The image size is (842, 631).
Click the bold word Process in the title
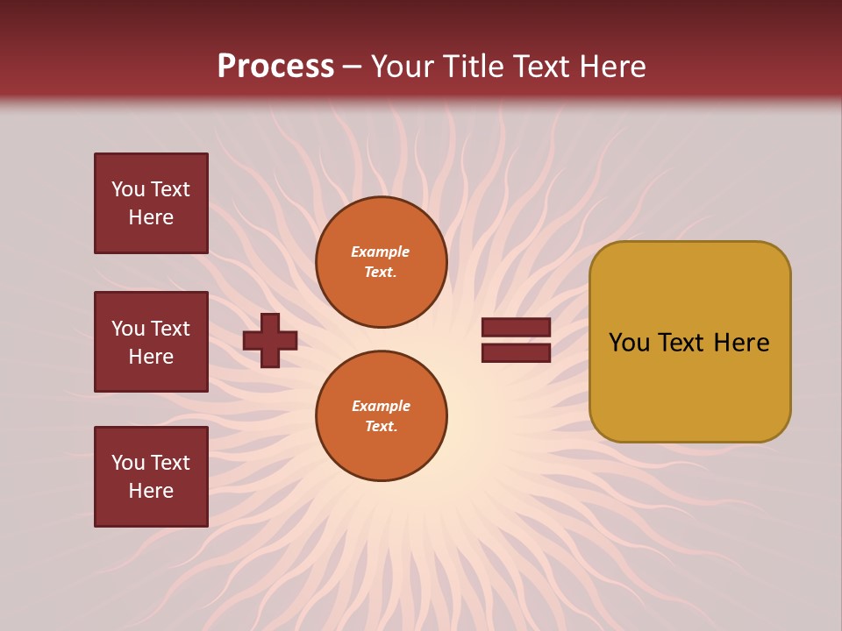(275, 67)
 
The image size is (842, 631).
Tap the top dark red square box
(151, 203)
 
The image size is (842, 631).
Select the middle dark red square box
(151, 342)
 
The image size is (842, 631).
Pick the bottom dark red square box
(151, 477)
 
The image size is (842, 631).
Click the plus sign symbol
(270, 340)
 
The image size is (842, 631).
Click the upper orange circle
(382, 262)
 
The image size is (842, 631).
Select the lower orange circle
(382, 416)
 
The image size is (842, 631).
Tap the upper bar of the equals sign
(516, 328)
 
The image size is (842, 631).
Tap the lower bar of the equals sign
(516, 352)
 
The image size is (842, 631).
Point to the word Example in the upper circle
(381, 252)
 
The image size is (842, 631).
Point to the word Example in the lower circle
(381, 406)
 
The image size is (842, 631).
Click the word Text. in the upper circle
(381, 272)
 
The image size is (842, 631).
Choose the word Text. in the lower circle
(381, 426)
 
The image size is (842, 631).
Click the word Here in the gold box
(741, 343)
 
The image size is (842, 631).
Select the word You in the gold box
(629, 343)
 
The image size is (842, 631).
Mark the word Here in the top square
(151, 217)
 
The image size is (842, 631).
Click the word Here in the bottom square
(151, 491)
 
